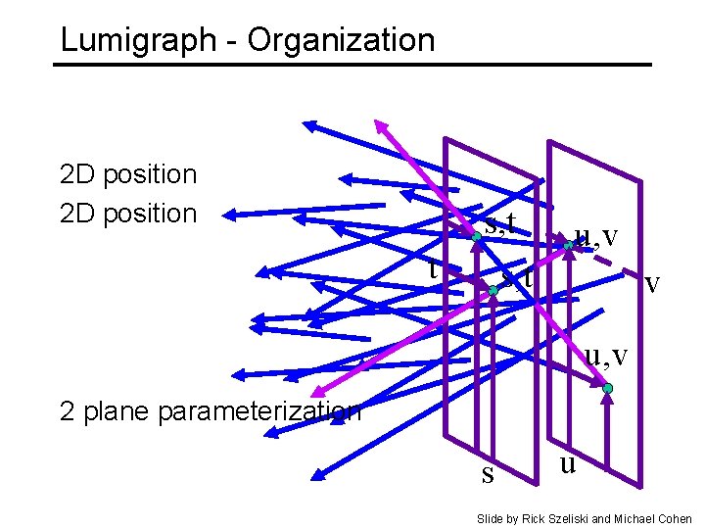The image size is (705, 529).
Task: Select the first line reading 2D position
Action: point(128,174)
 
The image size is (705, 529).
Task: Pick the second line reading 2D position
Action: point(128,213)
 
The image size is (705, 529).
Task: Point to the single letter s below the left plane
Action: point(488,475)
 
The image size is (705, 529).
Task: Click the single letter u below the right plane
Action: point(567,460)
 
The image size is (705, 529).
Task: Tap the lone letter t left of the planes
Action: point(433,265)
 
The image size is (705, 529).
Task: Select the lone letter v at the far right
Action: point(652,283)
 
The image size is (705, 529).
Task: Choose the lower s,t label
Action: point(517,277)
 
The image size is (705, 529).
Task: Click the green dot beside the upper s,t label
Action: point(474,237)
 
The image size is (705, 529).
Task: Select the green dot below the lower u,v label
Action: point(608,389)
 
